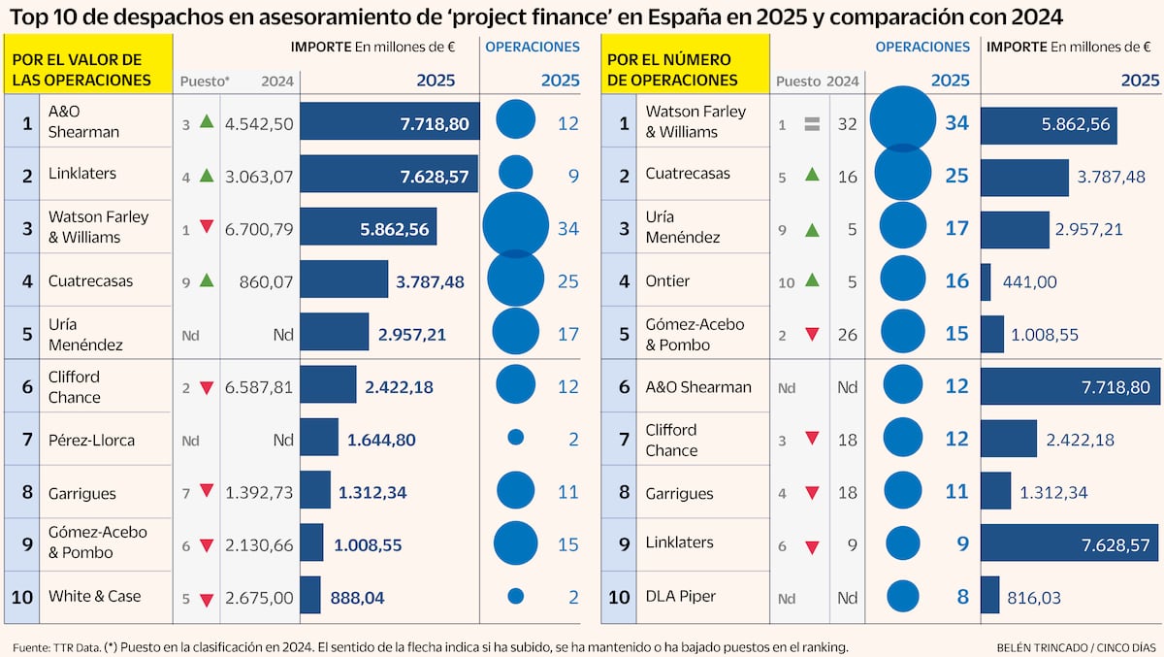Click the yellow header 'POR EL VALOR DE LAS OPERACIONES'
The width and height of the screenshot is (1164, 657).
(x=89, y=70)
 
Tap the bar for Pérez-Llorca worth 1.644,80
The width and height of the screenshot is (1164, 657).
(x=319, y=439)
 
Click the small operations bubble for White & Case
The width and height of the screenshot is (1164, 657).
(x=516, y=596)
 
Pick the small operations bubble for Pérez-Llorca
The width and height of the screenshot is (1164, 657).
(x=516, y=438)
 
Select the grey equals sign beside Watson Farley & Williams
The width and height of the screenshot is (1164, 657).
(x=812, y=123)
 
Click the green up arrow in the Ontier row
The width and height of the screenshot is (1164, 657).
(x=812, y=280)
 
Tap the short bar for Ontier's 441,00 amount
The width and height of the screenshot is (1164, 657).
(x=986, y=281)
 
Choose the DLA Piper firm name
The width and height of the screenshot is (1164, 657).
(x=680, y=596)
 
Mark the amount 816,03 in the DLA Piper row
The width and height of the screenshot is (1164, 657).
(x=1038, y=596)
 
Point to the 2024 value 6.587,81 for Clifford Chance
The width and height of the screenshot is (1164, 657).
(x=258, y=386)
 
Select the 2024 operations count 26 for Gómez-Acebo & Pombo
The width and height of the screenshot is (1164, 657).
(x=849, y=334)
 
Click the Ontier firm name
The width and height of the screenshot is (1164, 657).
(x=667, y=280)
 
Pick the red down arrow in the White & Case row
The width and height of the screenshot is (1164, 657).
(x=206, y=599)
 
